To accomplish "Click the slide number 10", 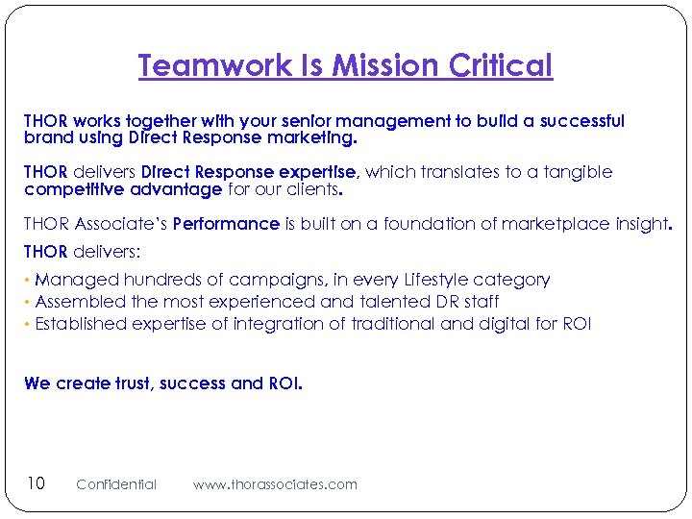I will tap(35, 482).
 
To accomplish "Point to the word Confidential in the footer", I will tap(115, 484).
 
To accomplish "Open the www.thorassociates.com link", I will tap(275, 484).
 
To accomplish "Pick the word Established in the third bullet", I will tap(85, 324).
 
